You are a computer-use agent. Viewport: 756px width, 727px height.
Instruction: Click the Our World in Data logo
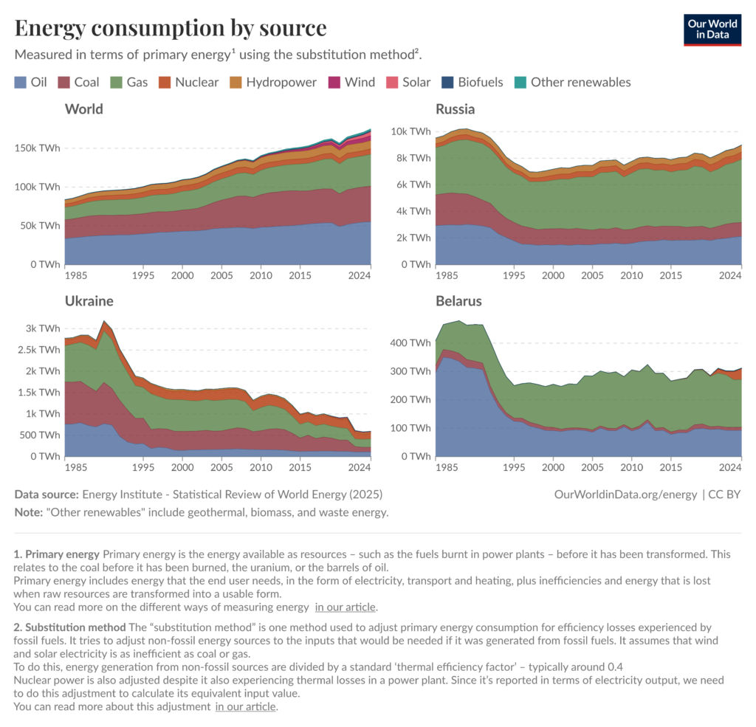pos(712,29)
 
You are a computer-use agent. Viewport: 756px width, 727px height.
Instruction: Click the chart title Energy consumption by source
pos(171,28)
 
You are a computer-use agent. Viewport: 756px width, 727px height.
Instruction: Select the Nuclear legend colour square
pos(165,82)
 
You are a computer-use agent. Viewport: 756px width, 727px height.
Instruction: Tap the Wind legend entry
pos(351,82)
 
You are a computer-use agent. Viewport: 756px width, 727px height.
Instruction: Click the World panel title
pos(84,109)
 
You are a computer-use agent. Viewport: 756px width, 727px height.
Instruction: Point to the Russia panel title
pos(455,109)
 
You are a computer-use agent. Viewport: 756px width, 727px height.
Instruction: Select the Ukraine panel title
pos(89,301)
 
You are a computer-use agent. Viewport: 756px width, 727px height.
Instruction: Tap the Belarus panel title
pos(458,301)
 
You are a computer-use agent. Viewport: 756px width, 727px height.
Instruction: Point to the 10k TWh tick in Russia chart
pos(410,131)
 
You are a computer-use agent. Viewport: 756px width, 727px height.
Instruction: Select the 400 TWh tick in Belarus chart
pos(410,343)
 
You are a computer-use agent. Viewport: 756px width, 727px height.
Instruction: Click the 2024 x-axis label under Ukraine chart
pos(360,467)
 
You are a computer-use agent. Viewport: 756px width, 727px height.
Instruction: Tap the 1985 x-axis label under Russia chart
pos(445,275)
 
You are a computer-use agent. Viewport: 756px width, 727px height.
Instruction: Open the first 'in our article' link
pos(346,607)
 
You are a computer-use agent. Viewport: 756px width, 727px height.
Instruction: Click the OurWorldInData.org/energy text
pos(625,494)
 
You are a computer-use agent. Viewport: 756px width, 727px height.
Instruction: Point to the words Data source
pos(47,494)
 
